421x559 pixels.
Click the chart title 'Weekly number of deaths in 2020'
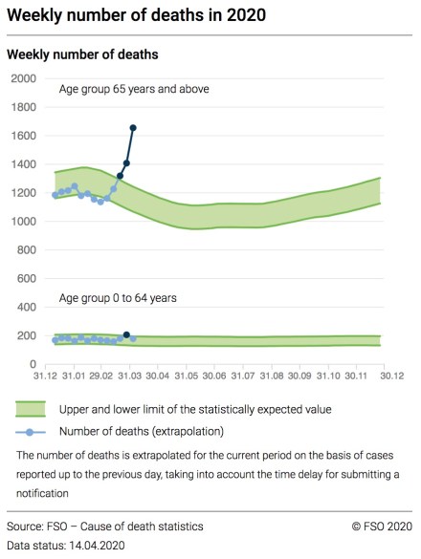(x=136, y=16)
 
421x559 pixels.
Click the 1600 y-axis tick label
(x=23, y=136)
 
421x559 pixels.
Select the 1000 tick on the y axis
(x=23, y=222)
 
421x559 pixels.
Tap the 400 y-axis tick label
(x=26, y=308)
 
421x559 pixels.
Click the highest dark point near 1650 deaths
(x=133, y=127)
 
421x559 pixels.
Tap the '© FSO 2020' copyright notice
(x=381, y=527)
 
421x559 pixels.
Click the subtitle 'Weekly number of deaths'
(x=82, y=54)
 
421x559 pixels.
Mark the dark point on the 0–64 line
(x=126, y=335)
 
